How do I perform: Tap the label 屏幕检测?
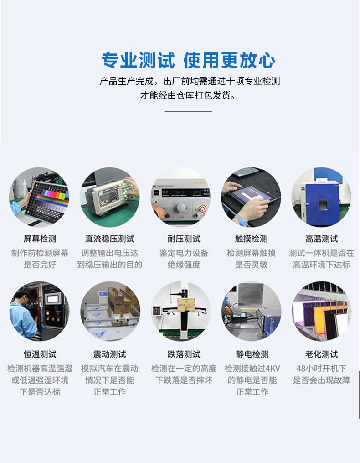click(x=40, y=239)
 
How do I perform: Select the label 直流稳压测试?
click(x=109, y=239)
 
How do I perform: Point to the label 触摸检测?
click(x=251, y=239)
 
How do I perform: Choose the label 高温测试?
click(x=321, y=239)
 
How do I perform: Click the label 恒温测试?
click(x=40, y=354)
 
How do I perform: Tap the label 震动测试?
click(x=109, y=354)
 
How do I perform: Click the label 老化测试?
click(x=321, y=354)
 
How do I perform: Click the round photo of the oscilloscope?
click(x=110, y=197)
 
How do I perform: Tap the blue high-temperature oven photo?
click(x=321, y=197)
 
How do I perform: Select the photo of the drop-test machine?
click(x=181, y=311)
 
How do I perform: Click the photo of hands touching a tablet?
click(x=251, y=197)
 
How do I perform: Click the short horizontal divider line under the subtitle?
click(x=188, y=111)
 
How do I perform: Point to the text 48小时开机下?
click(x=321, y=368)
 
